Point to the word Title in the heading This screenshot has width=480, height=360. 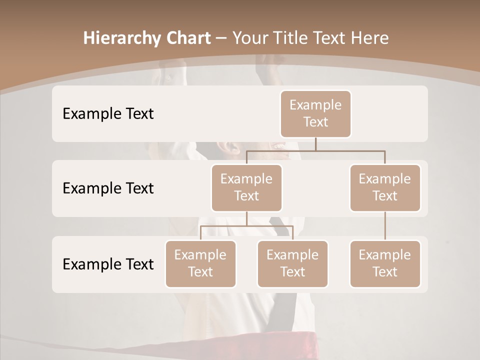294,38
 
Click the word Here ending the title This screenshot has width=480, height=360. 369,38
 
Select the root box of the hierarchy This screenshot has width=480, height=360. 315,114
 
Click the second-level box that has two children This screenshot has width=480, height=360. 246,188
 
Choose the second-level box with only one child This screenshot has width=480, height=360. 385,188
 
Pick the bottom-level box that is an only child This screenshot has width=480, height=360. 385,264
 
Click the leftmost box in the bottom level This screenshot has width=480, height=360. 200,264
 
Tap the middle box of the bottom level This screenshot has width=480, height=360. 292,264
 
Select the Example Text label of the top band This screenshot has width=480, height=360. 108,114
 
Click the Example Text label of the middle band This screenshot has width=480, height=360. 108,188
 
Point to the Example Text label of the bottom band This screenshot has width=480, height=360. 108,264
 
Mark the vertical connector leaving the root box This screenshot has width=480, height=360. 315,144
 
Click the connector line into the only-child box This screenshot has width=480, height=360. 385,226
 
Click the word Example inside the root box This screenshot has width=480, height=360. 315,105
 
